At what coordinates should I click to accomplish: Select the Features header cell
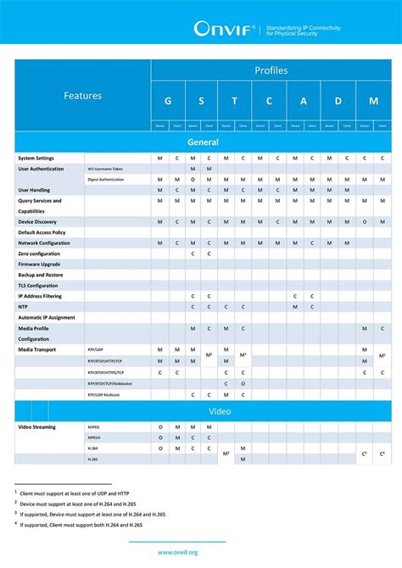tap(82, 96)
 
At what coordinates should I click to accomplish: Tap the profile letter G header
tap(168, 101)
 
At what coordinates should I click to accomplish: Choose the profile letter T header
tap(235, 101)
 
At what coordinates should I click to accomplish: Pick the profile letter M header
tap(372, 101)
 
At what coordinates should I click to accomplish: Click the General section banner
tap(203, 142)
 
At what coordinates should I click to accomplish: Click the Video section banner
tap(203, 411)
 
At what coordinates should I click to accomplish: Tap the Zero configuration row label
tap(40, 253)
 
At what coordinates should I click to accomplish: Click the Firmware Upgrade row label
tap(40, 265)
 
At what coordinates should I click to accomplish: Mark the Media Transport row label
tap(38, 349)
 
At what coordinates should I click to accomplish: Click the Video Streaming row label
tap(38, 427)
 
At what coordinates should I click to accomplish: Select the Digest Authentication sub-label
tap(106, 180)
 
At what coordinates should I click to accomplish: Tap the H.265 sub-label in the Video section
tap(92, 459)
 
